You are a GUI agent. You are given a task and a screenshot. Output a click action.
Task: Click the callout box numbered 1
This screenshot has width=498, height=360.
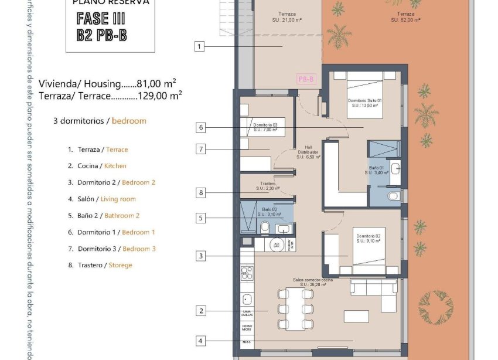[200, 46]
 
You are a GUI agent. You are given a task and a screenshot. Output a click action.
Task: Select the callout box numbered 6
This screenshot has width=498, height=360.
[200, 127]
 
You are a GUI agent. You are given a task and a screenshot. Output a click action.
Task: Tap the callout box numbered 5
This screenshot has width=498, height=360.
[200, 218]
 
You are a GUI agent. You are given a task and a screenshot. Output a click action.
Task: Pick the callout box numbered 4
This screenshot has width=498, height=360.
[200, 341]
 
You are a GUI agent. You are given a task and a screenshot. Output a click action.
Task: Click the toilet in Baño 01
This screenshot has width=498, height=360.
[394, 195]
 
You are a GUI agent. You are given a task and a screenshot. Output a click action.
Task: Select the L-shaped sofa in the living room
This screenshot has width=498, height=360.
[375, 292]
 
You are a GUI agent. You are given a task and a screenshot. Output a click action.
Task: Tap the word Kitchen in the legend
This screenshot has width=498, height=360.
[115, 166]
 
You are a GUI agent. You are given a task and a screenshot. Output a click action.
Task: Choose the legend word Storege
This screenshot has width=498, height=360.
[120, 265]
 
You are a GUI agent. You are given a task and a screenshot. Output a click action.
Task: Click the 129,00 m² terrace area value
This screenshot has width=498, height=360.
[159, 95]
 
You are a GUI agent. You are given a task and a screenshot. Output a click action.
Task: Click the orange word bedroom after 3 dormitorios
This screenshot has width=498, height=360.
[129, 121]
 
